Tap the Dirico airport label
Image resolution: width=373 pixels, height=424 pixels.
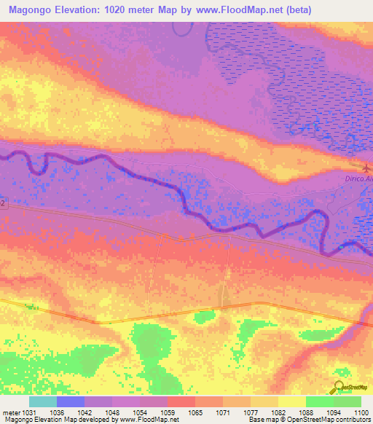[x=358, y=178]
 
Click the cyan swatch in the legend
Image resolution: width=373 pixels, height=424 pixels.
[x=43, y=401]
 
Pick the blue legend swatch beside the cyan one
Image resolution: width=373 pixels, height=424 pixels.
[x=71, y=401]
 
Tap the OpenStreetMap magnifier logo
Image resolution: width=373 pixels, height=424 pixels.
[x=339, y=388]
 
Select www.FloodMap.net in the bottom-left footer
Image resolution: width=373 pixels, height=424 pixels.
[x=153, y=420]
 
